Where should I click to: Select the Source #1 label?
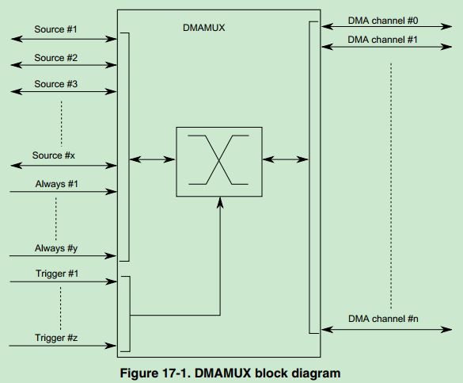coord(55,29)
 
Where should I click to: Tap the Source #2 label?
coord(55,58)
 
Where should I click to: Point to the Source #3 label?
coord(55,84)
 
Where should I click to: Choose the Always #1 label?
coord(55,183)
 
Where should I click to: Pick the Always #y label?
coord(55,248)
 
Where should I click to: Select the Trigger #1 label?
coord(55,274)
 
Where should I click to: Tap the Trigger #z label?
coord(55,339)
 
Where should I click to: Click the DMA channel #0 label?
coord(383,17)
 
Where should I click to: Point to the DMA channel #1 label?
coord(383,39)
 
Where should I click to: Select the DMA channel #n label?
coord(383,319)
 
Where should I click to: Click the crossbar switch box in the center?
coord(219,161)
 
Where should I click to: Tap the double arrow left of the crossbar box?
coord(152,160)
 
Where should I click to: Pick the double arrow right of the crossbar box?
coord(286,160)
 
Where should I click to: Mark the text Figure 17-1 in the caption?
coord(154,373)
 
